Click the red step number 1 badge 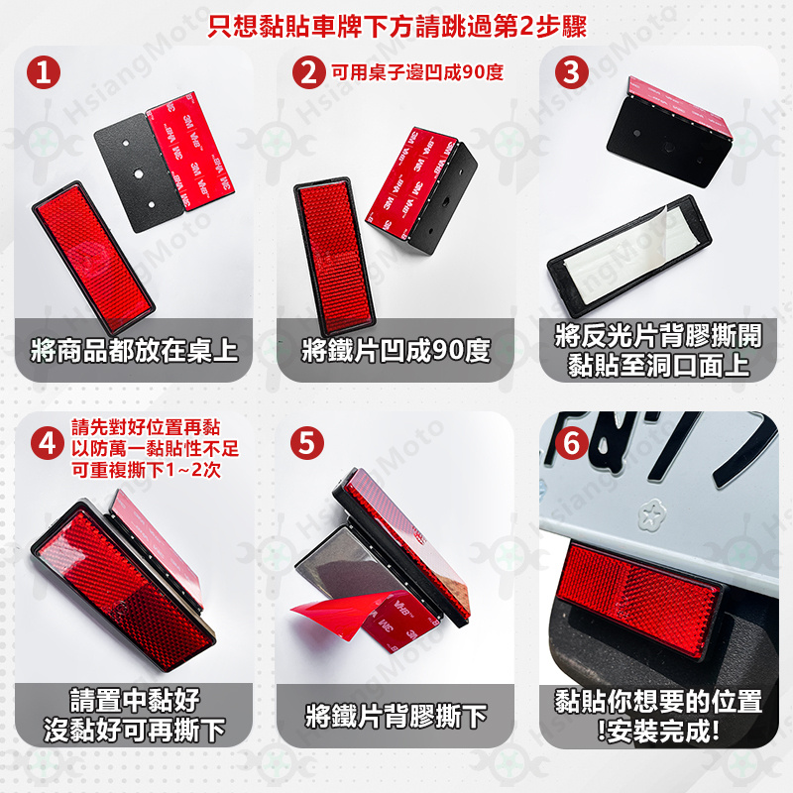click(x=44, y=72)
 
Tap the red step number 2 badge click(x=309, y=72)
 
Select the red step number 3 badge click(x=572, y=72)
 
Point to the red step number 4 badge click(x=48, y=443)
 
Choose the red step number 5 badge click(x=307, y=443)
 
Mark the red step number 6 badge click(x=572, y=443)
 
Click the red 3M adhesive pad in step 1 click(x=190, y=151)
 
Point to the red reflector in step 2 click(x=335, y=255)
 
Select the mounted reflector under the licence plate click(x=638, y=601)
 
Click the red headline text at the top click(x=397, y=26)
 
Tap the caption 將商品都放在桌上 click(x=134, y=350)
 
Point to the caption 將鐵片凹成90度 click(x=396, y=350)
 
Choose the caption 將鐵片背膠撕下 click(x=396, y=716)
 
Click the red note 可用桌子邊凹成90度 click(x=417, y=72)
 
